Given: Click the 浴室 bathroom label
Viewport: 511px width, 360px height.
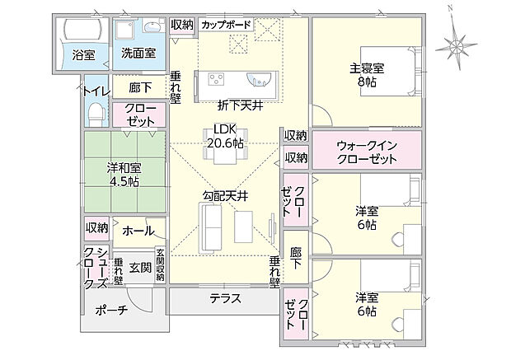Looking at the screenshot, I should [83, 56].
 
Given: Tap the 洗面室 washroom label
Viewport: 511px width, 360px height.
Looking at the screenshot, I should [138, 53].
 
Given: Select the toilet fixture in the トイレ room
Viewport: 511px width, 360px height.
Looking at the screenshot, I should [95, 112].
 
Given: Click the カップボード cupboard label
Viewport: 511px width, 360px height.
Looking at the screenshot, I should [225, 25].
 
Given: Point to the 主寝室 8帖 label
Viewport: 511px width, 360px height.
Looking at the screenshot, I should [366, 75].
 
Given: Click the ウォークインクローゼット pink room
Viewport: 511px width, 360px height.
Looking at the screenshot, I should [367, 152].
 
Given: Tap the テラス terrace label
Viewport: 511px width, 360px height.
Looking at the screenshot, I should [224, 298].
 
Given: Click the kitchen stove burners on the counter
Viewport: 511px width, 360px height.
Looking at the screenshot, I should [217, 80].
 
